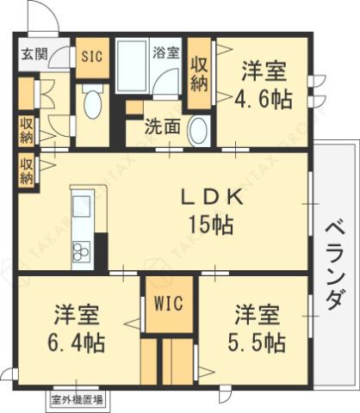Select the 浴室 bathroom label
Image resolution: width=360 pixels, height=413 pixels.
pos(166,52)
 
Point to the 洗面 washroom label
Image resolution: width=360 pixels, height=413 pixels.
pos(161,126)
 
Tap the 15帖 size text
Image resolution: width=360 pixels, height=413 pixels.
pos(212,225)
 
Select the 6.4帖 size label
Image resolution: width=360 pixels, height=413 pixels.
pos(77,342)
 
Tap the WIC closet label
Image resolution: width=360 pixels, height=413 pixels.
pos(169,304)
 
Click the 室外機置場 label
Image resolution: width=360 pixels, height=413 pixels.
pos(77,399)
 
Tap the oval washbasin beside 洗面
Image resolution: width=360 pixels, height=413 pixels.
pos(198,130)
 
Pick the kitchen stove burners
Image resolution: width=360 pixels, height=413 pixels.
pos(82,251)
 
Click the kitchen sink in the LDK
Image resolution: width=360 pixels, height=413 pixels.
pos(82,209)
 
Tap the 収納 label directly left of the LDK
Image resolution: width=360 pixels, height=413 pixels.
pos(27,170)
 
